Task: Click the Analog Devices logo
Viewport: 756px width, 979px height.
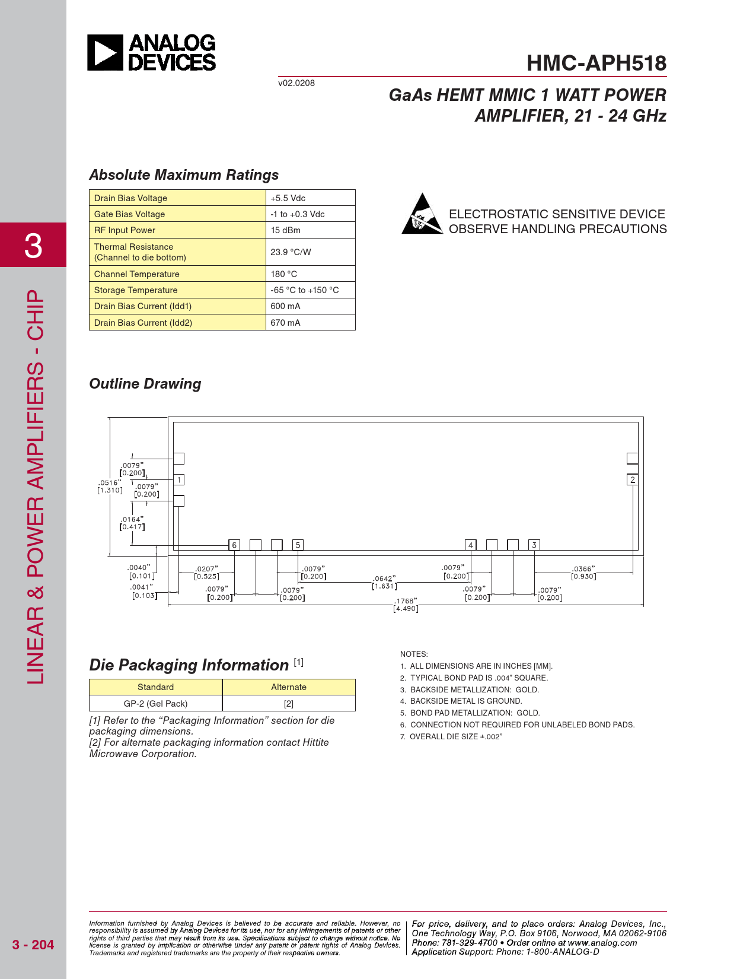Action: click(x=152, y=53)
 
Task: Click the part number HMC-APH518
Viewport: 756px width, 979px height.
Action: click(x=596, y=63)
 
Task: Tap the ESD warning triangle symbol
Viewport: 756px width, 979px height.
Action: click(x=422, y=214)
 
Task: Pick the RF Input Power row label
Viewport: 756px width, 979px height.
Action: click(x=125, y=230)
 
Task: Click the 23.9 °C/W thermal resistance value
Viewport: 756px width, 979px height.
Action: click(x=291, y=252)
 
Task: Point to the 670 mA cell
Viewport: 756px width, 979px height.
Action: click(x=286, y=323)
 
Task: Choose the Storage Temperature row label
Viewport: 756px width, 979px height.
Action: click(x=136, y=290)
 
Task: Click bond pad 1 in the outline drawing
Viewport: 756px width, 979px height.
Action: click(x=179, y=479)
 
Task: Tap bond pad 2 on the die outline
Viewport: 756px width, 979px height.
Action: click(x=633, y=479)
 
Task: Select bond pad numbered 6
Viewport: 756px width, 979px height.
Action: click(x=234, y=545)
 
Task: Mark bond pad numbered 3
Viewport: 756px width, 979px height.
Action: click(x=534, y=545)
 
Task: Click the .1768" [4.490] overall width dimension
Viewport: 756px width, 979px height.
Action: click(x=406, y=605)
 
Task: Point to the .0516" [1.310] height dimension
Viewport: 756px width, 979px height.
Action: click(x=110, y=487)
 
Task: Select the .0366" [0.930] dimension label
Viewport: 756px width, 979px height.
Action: click(x=583, y=573)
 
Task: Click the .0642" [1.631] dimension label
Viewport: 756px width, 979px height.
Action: click(x=384, y=582)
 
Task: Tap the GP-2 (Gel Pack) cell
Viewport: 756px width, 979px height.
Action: click(x=155, y=704)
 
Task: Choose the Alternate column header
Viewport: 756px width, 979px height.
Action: click(x=289, y=687)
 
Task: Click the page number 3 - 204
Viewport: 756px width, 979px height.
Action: click(x=33, y=945)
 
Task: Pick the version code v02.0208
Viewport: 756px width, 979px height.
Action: click(x=296, y=83)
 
